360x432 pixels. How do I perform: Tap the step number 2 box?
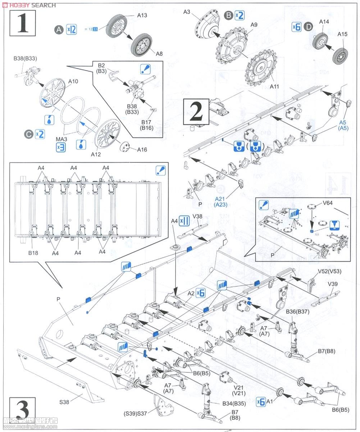click(197, 112)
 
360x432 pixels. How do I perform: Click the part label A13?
click(142, 15)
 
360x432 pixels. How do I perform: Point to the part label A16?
click(142, 150)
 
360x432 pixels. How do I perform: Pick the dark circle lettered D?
click(308, 27)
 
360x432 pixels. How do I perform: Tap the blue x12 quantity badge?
click(72, 30)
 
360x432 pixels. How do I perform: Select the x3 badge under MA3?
click(61, 147)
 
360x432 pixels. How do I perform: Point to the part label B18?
click(33, 252)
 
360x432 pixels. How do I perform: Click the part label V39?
click(332, 284)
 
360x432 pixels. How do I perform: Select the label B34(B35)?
click(234, 404)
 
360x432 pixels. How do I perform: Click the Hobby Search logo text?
click(29, 5)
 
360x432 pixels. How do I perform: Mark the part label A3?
click(186, 12)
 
